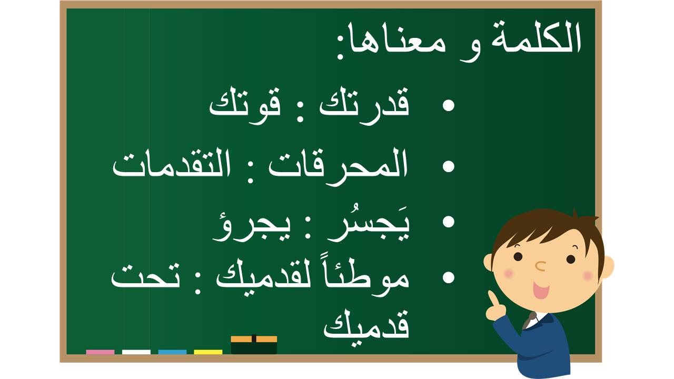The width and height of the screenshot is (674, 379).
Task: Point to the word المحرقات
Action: pyautogui.click(x=338, y=165)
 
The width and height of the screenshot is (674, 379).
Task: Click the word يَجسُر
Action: pyautogui.click(x=368, y=224)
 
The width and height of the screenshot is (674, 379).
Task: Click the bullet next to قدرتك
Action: pyautogui.click(x=448, y=106)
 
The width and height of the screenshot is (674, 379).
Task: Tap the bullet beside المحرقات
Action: pyautogui.click(x=448, y=166)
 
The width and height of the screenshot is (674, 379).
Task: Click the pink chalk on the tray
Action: pyautogui.click(x=100, y=352)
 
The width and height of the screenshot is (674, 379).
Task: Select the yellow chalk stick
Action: pyautogui.click(x=208, y=352)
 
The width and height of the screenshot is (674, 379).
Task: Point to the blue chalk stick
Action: pyautogui.click(x=172, y=352)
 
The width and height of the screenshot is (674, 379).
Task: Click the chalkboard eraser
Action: pyautogui.click(x=254, y=345)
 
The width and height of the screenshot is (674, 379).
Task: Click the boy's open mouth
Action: pyautogui.click(x=541, y=290)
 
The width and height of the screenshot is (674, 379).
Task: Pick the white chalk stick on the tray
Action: pyautogui.click(x=136, y=352)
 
